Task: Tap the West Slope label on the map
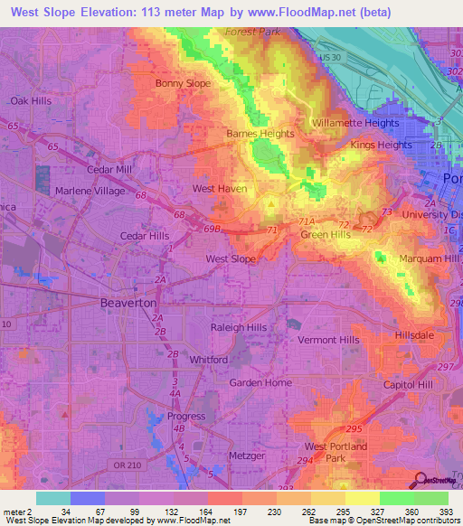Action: [x=231, y=258]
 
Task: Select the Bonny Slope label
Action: [x=183, y=83]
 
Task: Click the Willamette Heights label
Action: [x=354, y=123]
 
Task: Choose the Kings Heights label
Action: [x=381, y=145]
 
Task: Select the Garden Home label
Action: [x=260, y=382]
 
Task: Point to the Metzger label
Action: [x=248, y=456]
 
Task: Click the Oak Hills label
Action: [x=31, y=101]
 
